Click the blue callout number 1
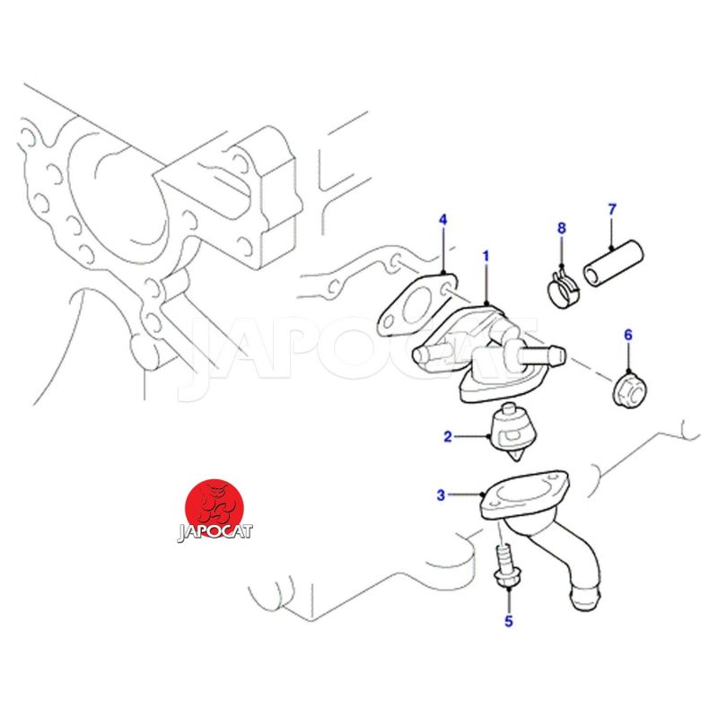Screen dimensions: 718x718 click(x=486, y=257)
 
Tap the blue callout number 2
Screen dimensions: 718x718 click(x=447, y=436)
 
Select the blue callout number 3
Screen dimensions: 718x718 click(x=441, y=495)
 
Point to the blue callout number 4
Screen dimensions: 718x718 click(x=442, y=220)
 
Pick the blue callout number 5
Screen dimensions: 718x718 click(x=509, y=621)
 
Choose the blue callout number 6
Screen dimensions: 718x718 click(x=627, y=335)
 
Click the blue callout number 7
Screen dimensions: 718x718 click(x=612, y=210)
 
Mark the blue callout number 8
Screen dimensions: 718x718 click(x=562, y=228)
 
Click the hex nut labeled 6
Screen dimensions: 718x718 click(x=629, y=390)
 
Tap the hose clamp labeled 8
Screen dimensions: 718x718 click(x=563, y=290)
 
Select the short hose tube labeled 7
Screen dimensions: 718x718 click(x=613, y=264)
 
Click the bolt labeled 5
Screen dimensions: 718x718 click(x=503, y=566)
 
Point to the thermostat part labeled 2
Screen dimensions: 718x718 click(x=512, y=431)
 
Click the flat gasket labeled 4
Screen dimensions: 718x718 click(x=417, y=304)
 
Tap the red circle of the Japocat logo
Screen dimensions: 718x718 click(x=215, y=509)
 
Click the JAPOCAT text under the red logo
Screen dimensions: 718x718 click(x=215, y=531)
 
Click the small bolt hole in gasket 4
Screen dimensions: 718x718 click(x=445, y=289)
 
